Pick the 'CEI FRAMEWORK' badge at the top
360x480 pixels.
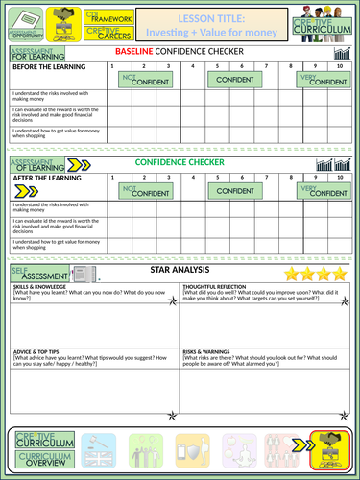click(x=104, y=15)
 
